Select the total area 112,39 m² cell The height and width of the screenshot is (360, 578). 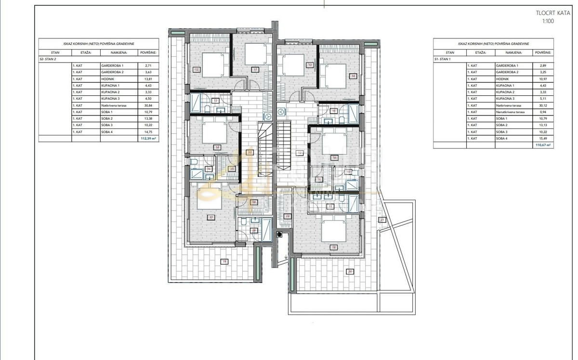pos(148,138)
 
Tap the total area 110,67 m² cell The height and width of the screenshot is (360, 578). pos(543,145)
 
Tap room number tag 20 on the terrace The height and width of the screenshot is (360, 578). pos(350,271)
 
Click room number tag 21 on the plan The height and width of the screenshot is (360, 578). pos(382,220)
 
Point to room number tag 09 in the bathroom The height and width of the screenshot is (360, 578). pos(254,231)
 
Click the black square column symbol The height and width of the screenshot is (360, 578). pos(279,234)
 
